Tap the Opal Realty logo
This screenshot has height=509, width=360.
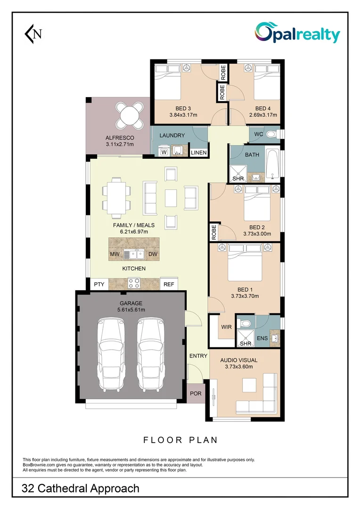click(x=297, y=33)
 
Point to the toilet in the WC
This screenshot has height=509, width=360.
click(x=271, y=135)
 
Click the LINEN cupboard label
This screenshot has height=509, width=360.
click(x=198, y=153)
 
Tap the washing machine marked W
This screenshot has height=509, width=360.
click(x=164, y=152)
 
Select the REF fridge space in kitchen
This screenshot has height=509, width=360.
click(x=168, y=284)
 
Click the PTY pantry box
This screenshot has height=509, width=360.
click(x=99, y=284)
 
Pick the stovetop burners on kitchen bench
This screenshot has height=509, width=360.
click(x=134, y=283)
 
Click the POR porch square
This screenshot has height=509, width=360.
click(x=196, y=393)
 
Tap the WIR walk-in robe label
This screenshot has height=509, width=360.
click(x=226, y=327)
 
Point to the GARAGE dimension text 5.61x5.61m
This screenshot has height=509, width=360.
click(x=131, y=310)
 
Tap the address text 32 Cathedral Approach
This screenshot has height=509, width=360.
click(x=81, y=488)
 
